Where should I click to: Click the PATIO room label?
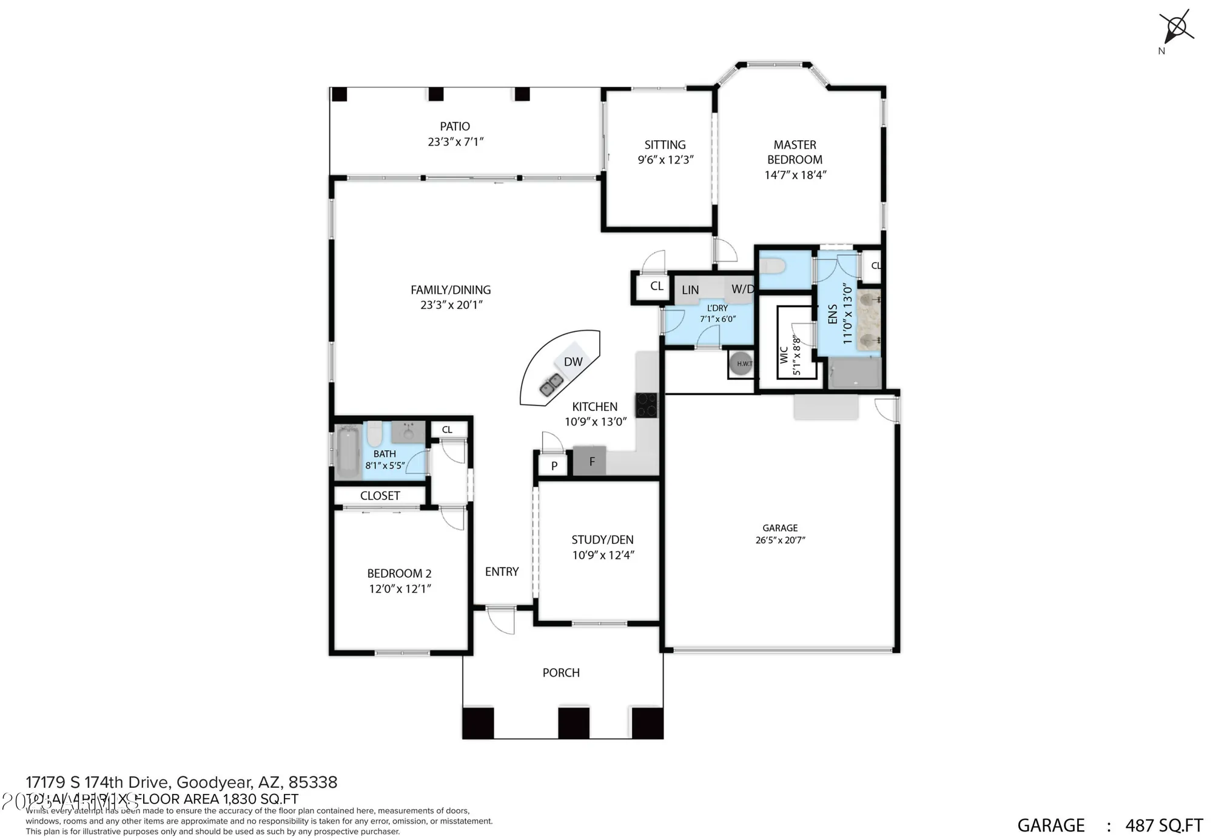(x=454, y=126)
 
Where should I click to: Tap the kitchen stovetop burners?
(x=646, y=405)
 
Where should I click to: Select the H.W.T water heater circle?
(x=741, y=364)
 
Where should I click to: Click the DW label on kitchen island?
(x=573, y=362)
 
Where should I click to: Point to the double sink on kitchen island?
(x=551, y=385)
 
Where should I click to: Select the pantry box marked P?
(x=554, y=466)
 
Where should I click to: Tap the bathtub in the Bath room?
(x=348, y=452)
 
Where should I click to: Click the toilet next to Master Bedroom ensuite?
(x=773, y=266)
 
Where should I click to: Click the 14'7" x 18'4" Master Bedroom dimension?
(x=795, y=175)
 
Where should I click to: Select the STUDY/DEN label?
(x=602, y=540)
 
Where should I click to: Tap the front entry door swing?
(x=501, y=620)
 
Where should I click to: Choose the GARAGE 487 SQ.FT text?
(x=1109, y=825)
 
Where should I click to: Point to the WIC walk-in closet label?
(x=784, y=354)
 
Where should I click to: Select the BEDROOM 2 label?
(x=399, y=574)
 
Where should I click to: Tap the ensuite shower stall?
(x=855, y=373)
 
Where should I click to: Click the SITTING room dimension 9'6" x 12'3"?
(x=665, y=160)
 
